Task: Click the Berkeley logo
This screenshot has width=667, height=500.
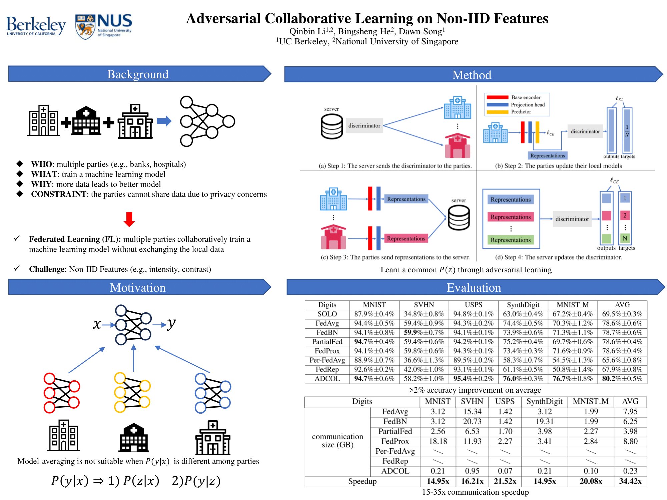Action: pyautogui.click(x=36, y=26)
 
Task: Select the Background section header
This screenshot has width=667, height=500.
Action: pyautogui.click(x=138, y=74)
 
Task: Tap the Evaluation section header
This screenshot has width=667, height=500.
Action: pyautogui.click(x=474, y=288)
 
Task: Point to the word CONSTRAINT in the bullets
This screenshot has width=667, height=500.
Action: pyautogui.click(x=59, y=194)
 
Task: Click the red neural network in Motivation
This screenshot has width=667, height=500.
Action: pyautogui.click(x=62, y=393)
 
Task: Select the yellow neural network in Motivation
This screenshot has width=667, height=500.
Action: pyautogui.click(x=132, y=392)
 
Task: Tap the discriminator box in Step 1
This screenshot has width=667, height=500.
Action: pyautogui.click(x=364, y=126)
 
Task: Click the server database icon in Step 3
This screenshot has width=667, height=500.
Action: pyautogui.click(x=459, y=218)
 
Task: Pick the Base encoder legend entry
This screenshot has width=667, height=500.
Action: pyautogui.click(x=526, y=97)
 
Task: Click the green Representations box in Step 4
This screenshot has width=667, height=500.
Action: pyautogui.click(x=510, y=240)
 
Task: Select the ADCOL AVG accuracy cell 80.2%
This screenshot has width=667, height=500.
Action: pyautogui.click(x=622, y=379)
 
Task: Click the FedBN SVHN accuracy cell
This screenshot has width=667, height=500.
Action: pyautogui.click(x=424, y=332)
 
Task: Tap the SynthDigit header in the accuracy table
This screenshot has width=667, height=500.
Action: pyautogui.click(x=523, y=305)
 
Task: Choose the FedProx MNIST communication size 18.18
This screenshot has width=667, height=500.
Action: pyautogui.click(x=438, y=441)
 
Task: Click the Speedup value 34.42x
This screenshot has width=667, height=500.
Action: pyautogui.click(x=630, y=481)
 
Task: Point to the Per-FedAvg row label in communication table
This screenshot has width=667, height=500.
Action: pyautogui.click(x=395, y=451)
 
